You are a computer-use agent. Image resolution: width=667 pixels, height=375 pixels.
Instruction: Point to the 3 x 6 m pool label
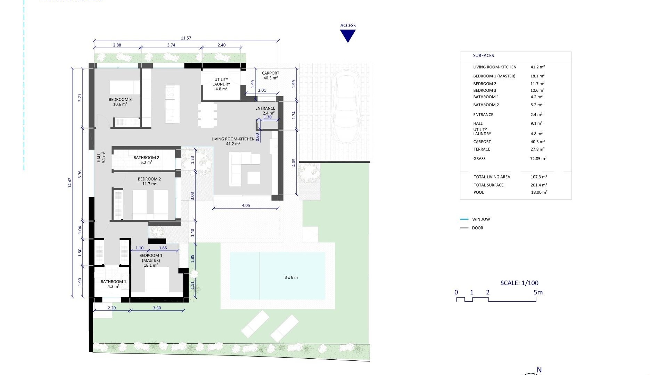click(291, 277)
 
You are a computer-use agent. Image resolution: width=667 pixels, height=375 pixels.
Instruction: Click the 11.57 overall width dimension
click(186, 38)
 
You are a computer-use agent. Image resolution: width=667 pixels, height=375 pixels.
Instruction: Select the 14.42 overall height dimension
click(70, 183)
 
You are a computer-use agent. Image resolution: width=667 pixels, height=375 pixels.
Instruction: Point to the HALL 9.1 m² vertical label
click(101, 158)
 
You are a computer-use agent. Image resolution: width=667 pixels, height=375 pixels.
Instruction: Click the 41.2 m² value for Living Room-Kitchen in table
click(537, 67)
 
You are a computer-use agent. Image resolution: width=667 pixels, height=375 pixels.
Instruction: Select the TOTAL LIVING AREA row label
click(492, 177)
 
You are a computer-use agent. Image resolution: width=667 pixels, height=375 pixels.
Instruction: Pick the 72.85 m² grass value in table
click(538, 159)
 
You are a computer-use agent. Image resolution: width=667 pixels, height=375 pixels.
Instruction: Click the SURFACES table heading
click(483, 56)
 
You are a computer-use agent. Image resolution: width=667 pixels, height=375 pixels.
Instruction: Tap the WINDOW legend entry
click(481, 219)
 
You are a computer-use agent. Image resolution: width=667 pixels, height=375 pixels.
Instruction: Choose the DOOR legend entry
click(477, 228)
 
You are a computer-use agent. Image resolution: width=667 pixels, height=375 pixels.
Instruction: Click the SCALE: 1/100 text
click(519, 283)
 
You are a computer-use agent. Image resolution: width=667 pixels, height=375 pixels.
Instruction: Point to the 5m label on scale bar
click(538, 292)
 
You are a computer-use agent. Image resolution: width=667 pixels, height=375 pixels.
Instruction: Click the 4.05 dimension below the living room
click(246, 206)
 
